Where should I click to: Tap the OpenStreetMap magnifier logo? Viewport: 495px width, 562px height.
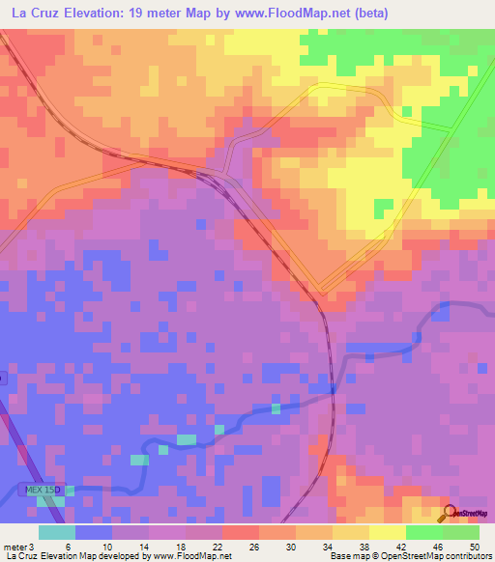click(451, 513)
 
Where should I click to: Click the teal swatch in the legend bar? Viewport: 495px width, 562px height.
click(57, 532)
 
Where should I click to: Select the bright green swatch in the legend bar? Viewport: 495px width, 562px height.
click(423, 532)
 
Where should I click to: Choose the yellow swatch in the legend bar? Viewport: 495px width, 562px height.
click(387, 532)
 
